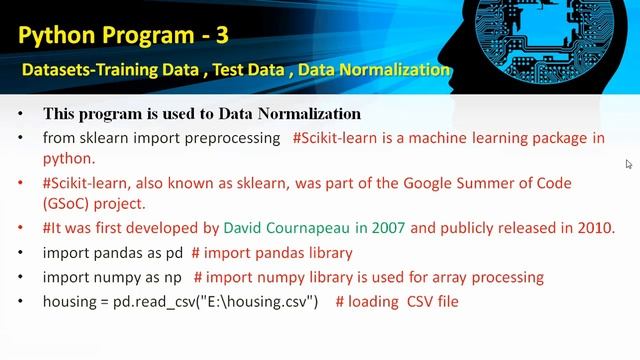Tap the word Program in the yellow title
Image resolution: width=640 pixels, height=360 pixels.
click(145, 36)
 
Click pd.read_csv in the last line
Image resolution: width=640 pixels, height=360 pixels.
click(162, 301)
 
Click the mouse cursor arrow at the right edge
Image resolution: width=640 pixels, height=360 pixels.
click(629, 164)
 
